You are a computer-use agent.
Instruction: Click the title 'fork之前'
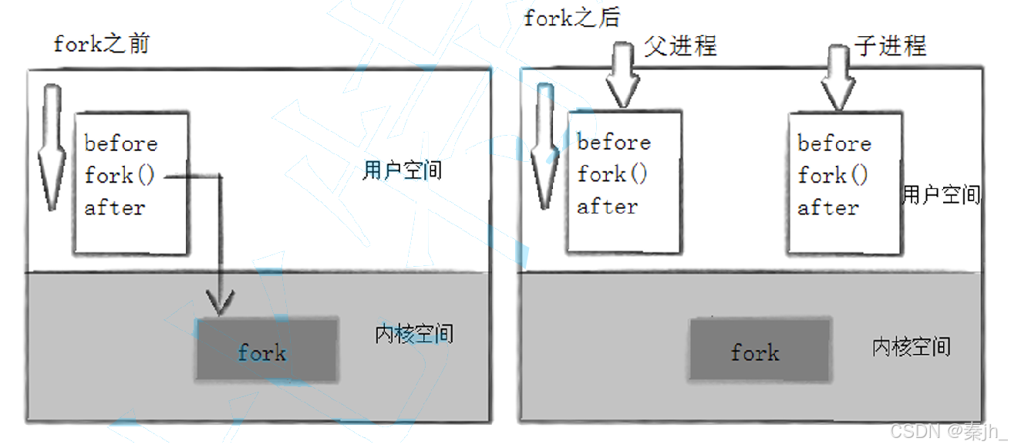click(101, 44)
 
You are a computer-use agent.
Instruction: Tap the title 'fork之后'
click(572, 19)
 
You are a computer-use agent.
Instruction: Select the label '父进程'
click(680, 46)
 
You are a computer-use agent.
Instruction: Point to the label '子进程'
click(890, 46)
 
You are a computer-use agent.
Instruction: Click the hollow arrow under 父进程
click(622, 75)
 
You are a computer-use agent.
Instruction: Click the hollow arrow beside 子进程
click(838, 76)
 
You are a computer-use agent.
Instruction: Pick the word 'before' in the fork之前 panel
click(121, 143)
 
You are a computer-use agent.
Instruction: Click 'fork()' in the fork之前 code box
click(120, 175)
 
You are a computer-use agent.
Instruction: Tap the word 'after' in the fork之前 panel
click(115, 207)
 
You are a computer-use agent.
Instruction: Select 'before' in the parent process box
click(614, 142)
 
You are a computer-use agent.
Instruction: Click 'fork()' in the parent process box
click(612, 173)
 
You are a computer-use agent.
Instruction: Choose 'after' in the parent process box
click(608, 206)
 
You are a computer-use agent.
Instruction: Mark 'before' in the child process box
click(834, 143)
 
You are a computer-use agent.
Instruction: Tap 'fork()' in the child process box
click(833, 175)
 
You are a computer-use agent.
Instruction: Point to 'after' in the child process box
click(827, 207)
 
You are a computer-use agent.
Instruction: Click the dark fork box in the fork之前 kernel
click(267, 349)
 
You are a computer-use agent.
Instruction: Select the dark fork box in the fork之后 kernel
click(760, 349)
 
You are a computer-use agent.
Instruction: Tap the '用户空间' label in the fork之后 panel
click(941, 195)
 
